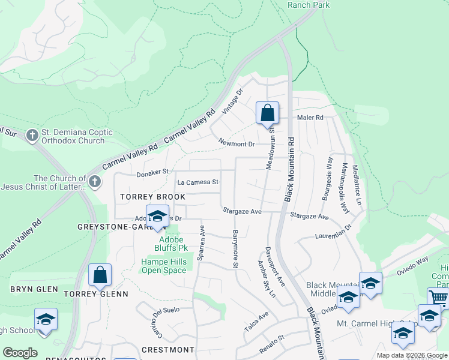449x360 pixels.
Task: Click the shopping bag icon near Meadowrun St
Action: (x=267, y=113)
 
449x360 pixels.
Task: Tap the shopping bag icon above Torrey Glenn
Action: (x=100, y=275)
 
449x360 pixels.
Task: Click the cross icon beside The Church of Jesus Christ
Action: (x=94, y=182)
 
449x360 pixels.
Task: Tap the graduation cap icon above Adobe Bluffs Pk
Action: (x=157, y=217)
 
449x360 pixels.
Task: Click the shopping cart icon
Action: (x=438, y=298)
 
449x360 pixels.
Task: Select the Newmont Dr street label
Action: (x=237, y=144)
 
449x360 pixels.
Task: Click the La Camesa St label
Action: (x=197, y=182)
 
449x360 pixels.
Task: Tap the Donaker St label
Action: (x=152, y=173)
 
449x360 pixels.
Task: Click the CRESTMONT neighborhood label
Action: (x=168, y=349)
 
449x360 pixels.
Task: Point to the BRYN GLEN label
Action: (x=34, y=289)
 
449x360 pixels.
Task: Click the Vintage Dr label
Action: (x=232, y=102)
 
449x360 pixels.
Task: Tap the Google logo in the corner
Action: (x=20, y=353)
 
